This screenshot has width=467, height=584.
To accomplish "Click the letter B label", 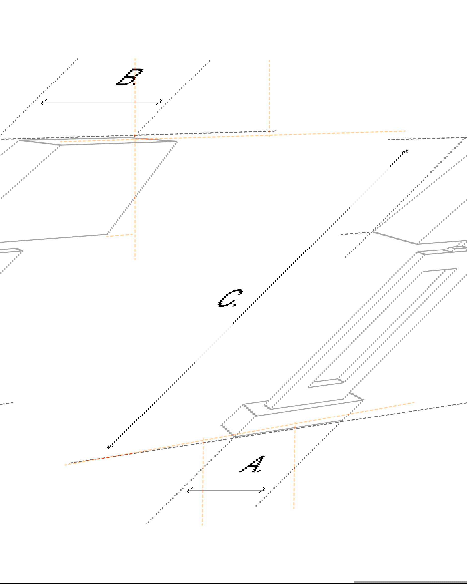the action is [129, 77].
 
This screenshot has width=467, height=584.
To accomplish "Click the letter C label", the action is [231, 298].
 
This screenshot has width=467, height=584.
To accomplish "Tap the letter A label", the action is [252, 464].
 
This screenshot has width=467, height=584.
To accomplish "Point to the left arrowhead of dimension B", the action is [43, 102].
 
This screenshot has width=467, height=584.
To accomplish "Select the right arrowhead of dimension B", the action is [160, 102].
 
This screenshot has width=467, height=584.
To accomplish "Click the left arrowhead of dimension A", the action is [189, 490].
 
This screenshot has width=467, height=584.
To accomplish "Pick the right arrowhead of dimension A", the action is [263, 490].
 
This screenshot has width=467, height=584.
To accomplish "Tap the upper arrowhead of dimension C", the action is [406, 151].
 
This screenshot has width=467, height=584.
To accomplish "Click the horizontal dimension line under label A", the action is [226, 490].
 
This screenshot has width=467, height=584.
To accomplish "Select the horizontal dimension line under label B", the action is [102, 102].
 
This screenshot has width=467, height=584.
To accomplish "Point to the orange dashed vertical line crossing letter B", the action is [135, 159].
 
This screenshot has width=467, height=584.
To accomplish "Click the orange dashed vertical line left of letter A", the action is [203, 481].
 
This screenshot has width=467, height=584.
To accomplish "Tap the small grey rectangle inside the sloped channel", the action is [325, 383].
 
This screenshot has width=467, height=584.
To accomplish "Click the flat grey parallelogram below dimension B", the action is [98, 141].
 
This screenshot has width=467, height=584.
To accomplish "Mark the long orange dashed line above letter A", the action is [239, 434].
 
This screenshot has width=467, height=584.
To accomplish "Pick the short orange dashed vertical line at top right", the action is [269, 98].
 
